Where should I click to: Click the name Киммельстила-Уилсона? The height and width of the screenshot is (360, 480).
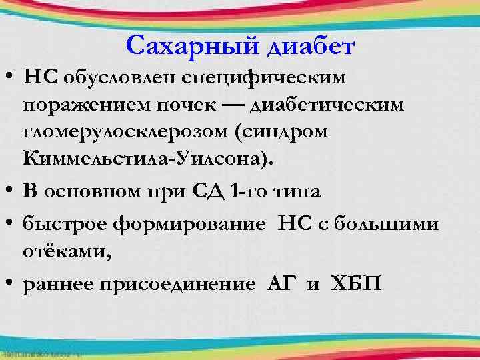tap(139, 159)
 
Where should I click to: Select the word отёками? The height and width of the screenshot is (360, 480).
tap(61, 251)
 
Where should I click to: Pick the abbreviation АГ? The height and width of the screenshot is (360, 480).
tap(280, 285)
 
